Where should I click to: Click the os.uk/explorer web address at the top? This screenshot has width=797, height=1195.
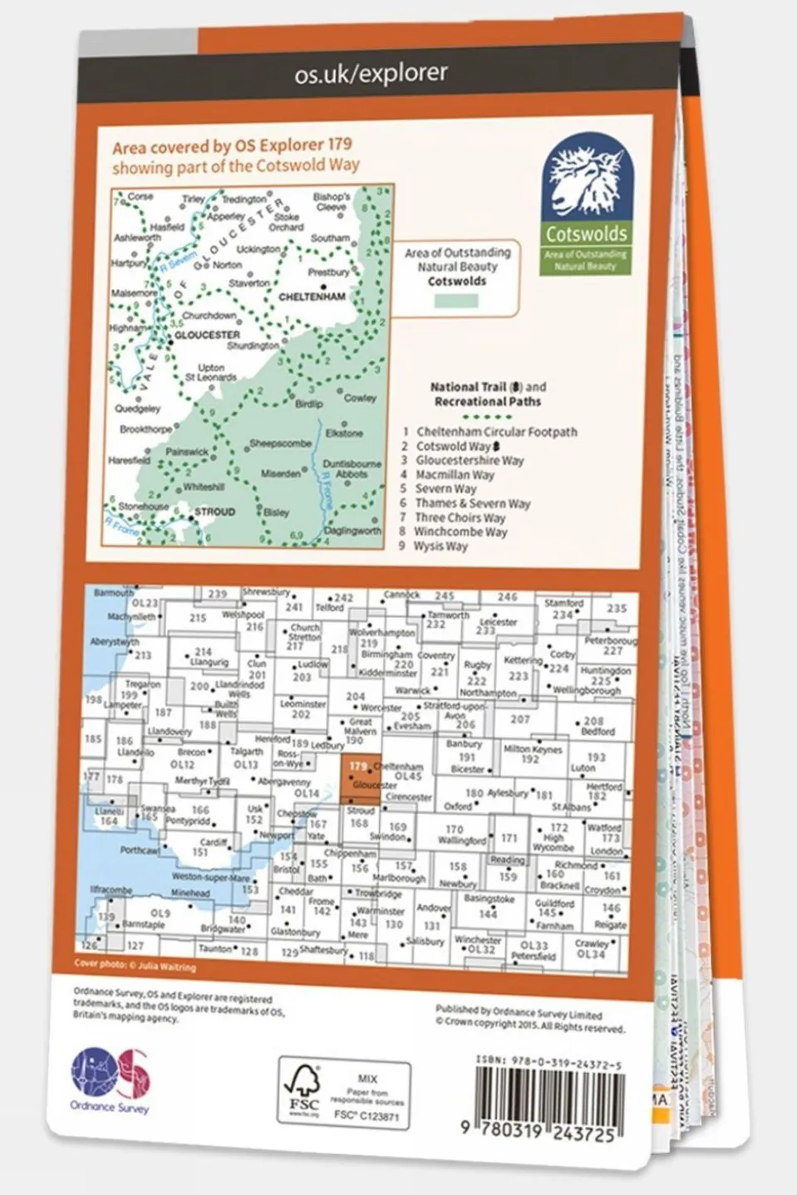pos(371,74)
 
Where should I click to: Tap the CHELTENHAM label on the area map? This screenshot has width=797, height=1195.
pos(312,296)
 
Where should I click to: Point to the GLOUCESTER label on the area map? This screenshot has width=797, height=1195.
pos(207,335)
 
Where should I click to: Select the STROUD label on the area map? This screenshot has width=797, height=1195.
pos(214,512)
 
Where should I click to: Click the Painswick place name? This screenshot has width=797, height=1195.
pos(186,452)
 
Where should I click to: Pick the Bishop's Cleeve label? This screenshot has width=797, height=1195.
pos(331,202)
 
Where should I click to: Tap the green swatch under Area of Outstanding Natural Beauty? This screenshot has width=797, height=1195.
pos(456,300)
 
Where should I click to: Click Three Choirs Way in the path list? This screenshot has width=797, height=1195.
pos(460,517)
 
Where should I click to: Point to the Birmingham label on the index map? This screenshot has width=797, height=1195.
pos(386,654)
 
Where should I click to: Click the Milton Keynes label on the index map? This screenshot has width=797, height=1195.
pos(533,749)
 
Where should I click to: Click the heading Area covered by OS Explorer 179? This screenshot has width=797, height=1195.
pos(232,146)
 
